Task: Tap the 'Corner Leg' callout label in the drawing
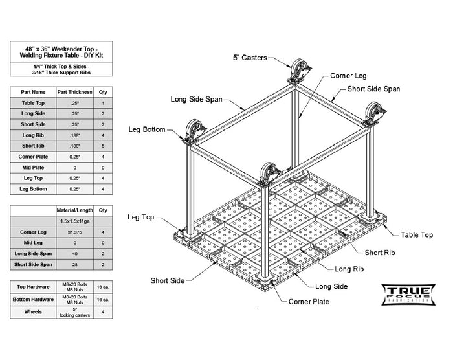pos(350,76)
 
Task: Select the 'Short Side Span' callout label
pos(373,89)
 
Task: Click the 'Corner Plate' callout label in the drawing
pos(309,302)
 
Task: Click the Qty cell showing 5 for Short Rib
pos(103,146)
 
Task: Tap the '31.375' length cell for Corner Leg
pos(75,232)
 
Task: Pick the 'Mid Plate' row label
pos(33,167)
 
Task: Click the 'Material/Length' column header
pos(75,210)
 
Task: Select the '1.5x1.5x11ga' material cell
pos(75,221)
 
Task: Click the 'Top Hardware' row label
pos(33,286)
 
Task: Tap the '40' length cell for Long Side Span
pos(75,254)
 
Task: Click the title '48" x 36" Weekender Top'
pos(61,49)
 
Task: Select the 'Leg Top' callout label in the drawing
pos(141,218)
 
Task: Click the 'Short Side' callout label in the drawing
pos(167,280)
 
